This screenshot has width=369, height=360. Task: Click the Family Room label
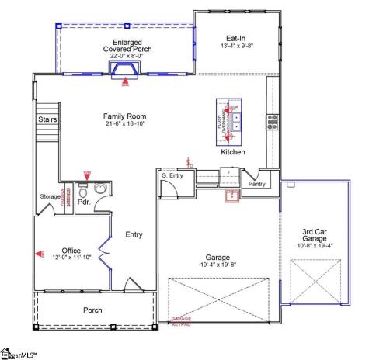coord(125,116)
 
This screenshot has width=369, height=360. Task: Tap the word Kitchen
coord(233,152)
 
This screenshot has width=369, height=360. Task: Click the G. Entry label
coord(172,176)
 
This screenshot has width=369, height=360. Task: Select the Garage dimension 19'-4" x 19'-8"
coord(218,265)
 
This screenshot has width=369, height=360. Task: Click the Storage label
coord(50,196)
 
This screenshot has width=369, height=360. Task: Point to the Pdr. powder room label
coord(84,202)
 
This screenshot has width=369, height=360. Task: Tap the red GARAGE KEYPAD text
coord(181,320)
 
